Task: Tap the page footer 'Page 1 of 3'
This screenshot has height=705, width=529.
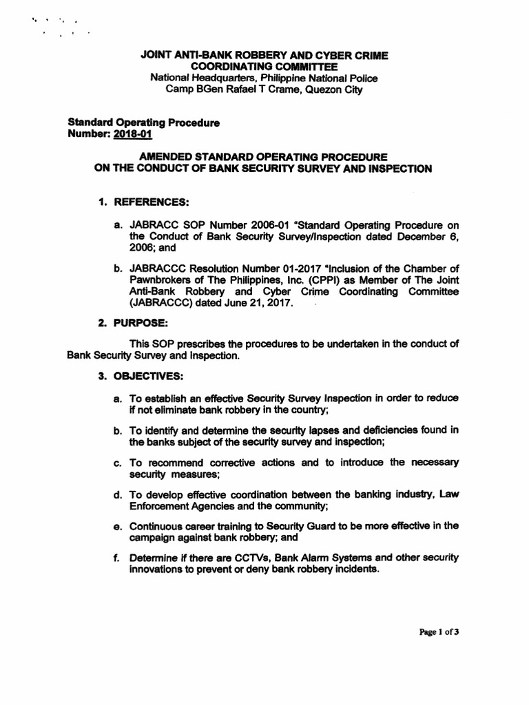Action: coord(439,633)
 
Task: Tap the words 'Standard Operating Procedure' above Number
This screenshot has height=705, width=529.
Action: coord(143,123)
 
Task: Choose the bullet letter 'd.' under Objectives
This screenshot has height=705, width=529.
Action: coord(119,494)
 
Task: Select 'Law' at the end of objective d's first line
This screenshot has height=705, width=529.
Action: coord(448,494)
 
